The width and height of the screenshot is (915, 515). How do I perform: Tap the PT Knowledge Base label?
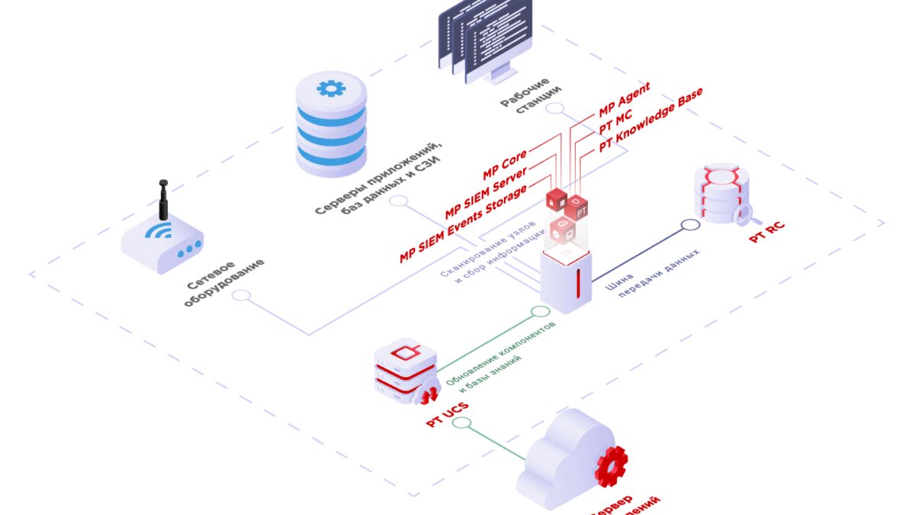(650, 120)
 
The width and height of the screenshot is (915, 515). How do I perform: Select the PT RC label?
(766, 231)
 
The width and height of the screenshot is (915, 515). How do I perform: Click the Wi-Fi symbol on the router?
(160, 230)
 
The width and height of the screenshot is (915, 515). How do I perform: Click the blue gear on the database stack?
(330, 89)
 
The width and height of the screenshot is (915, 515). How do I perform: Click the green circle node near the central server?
(540, 312)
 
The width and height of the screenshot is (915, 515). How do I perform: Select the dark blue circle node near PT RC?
(690, 225)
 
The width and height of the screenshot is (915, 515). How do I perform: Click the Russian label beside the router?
(226, 282)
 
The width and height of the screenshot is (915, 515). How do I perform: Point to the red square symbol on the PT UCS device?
(405, 352)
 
